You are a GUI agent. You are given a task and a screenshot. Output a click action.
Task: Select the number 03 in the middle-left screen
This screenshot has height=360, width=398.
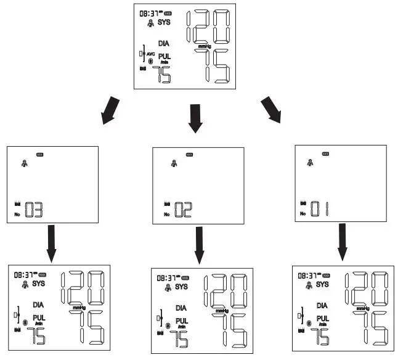pos(34,211)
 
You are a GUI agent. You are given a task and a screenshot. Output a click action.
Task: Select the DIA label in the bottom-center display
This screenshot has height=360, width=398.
pos(181,308)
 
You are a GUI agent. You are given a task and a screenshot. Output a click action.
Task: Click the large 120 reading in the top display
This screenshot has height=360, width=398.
pos(210,28)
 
